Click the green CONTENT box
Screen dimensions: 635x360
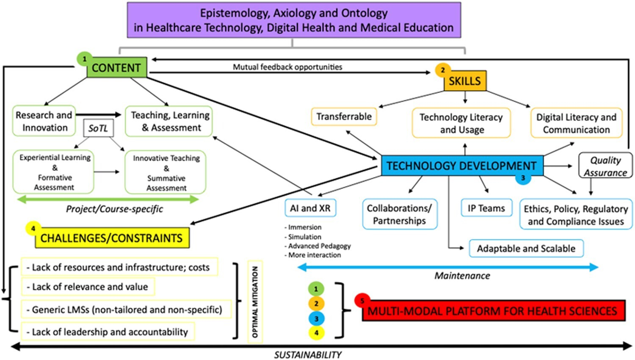pos(117,67)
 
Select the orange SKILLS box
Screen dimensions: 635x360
pos(465,81)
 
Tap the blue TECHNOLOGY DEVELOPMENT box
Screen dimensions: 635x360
pos(462,166)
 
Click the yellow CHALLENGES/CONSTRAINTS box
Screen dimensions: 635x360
pos(112,238)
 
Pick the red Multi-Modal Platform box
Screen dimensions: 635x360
pos(494,310)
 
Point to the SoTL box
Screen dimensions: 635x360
pos(98,128)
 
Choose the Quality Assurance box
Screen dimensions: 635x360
pos(605,166)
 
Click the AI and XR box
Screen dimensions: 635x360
pos(310,208)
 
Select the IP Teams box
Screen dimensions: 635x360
pos(486,208)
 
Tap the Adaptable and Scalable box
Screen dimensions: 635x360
pos(526,249)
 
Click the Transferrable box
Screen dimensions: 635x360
pos(344,116)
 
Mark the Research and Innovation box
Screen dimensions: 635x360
pos(44,121)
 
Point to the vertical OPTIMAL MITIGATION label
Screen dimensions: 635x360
pos(255,302)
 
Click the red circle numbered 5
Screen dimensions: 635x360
pos(362,301)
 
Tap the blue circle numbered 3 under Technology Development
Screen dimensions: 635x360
pos(523,178)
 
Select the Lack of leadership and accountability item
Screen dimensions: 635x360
pos(108,332)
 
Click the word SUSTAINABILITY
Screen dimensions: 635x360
pos(308,354)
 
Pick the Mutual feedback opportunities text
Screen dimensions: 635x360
pos(287,67)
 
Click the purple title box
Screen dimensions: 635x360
pos(294,20)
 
